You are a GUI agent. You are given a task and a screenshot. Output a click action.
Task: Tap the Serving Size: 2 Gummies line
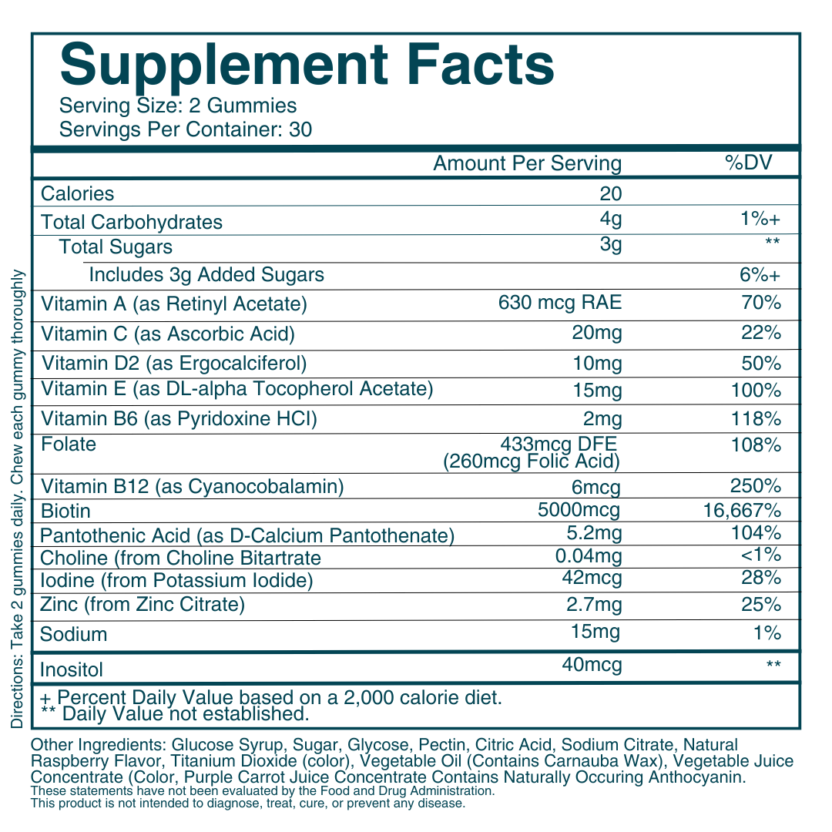(178, 106)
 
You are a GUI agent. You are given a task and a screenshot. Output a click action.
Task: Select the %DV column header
(749, 163)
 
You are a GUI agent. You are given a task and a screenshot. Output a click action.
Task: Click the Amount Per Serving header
(527, 163)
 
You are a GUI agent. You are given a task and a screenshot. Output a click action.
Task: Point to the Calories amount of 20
(610, 193)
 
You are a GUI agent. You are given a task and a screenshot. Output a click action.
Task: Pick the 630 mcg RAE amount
(560, 304)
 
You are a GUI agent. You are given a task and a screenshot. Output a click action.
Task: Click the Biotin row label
(65, 511)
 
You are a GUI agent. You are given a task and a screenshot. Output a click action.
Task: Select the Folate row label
(69, 444)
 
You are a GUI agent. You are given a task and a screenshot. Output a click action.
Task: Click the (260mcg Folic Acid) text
(532, 461)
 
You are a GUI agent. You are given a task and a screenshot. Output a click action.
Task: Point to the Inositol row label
(72, 669)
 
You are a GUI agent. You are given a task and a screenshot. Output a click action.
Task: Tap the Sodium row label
(74, 634)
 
